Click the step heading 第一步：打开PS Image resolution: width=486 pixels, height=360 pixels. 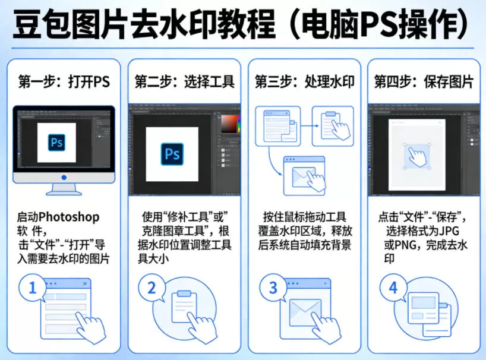(x=64, y=82)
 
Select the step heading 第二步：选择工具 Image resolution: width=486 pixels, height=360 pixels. (x=184, y=82)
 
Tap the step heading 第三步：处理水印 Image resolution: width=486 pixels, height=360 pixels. (x=304, y=82)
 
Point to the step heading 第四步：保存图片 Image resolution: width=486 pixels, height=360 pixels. (x=424, y=82)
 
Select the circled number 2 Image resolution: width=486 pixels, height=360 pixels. (x=152, y=289)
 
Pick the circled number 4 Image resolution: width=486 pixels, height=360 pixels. (x=393, y=289)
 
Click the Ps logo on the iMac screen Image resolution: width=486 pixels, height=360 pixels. (x=57, y=143)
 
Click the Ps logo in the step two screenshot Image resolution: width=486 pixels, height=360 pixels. (x=172, y=154)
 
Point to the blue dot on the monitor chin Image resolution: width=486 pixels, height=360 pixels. (x=64, y=177)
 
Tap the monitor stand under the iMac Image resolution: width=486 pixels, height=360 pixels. (x=64, y=189)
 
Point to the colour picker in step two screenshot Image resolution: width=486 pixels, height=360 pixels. (x=229, y=124)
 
